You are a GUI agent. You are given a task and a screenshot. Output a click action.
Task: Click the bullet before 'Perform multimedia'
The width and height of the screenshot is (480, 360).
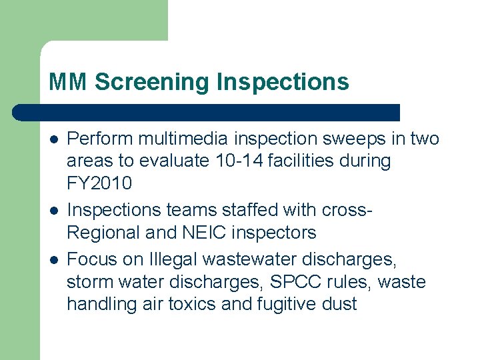[53, 139]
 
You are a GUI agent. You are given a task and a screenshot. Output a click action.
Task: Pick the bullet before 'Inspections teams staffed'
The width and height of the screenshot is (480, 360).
[53, 211]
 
